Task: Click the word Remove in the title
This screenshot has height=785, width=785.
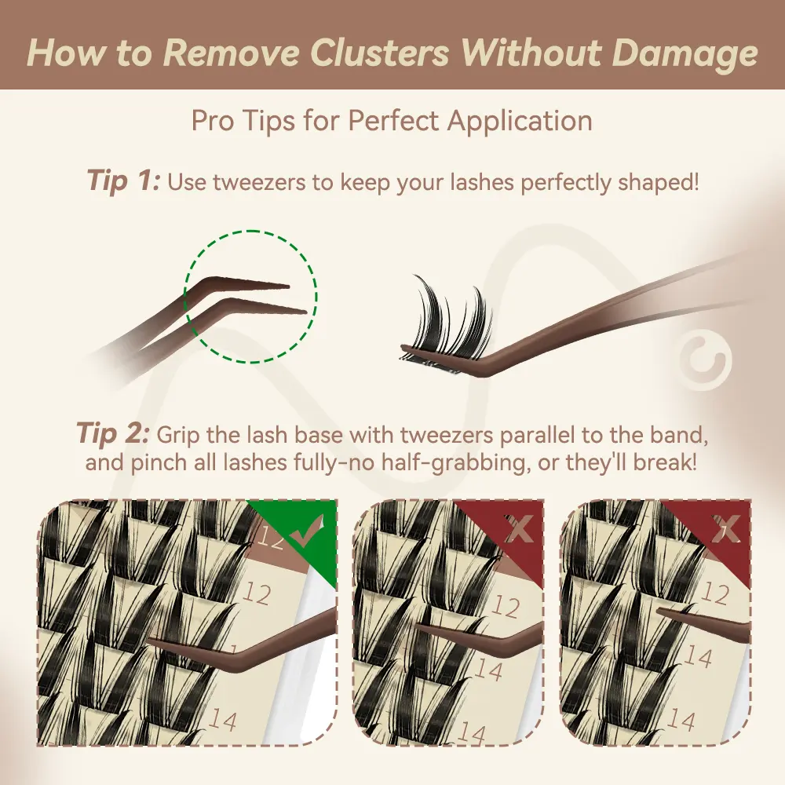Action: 230,53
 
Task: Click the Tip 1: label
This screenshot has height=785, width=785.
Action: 123,180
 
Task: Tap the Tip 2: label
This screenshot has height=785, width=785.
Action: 112,433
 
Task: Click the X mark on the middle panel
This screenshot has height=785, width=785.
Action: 519,529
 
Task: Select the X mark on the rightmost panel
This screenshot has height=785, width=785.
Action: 726,528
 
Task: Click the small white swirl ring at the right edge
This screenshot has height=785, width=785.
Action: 706,359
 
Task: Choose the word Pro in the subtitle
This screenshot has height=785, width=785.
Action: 211,121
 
